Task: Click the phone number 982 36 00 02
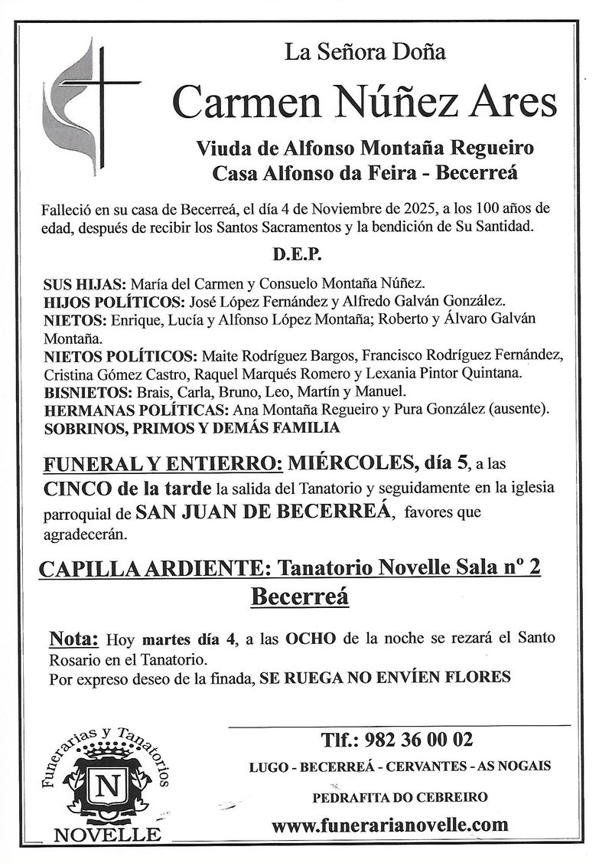tap(419, 740)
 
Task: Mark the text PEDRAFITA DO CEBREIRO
tap(399, 796)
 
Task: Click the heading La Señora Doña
tap(365, 53)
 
